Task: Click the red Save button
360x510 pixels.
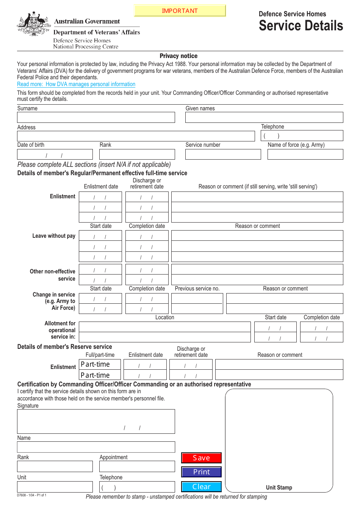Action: (x=201, y=458)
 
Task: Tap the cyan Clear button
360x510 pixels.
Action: (x=201, y=486)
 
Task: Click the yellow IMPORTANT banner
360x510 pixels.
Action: (x=180, y=11)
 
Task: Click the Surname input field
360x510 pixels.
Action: (x=96, y=118)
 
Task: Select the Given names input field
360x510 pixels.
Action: (x=264, y=118)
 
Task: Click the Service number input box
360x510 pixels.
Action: (x=223, y=154)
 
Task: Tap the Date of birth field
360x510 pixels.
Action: (x=55, y=154)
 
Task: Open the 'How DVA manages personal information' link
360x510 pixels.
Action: (x=76, y=84)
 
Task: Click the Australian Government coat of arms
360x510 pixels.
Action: (x=34, y=24)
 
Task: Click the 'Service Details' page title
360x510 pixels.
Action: (x=301, y=26)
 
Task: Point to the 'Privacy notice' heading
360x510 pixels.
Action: (x=178, y=56)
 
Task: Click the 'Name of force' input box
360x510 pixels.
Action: (x=305, y=154)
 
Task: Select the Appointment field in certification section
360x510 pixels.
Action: (x=137, y=466)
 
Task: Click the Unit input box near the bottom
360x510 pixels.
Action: (x=55, y=486)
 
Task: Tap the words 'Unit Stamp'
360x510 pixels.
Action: (x=279, y=488)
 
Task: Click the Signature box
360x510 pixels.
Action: (x=96, y=421)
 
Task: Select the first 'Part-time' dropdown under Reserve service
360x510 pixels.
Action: (x=100, y=364)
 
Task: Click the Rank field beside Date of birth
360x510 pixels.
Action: (x=137, y=154)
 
